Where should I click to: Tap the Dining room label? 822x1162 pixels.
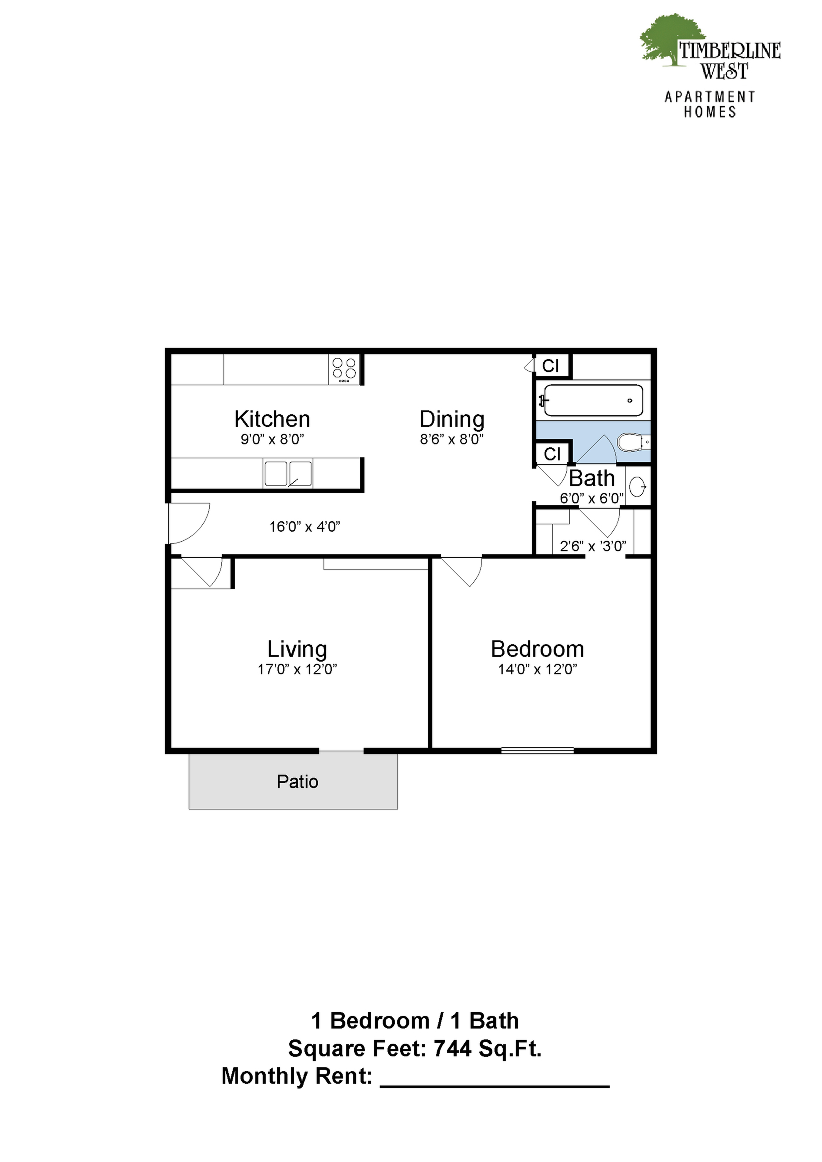[452, 420]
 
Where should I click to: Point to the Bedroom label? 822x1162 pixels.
[538, 649]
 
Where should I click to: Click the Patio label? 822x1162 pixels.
[297, 782]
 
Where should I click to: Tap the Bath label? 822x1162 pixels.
[591, 478]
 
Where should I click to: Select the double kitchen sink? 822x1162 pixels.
[287, 473]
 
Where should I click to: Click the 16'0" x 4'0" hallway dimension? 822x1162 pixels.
[304, 527]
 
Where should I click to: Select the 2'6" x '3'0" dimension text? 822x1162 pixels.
[592, 546]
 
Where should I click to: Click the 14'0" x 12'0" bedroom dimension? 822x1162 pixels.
[538, 669]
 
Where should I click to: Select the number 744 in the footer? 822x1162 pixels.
[452, 1049]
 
